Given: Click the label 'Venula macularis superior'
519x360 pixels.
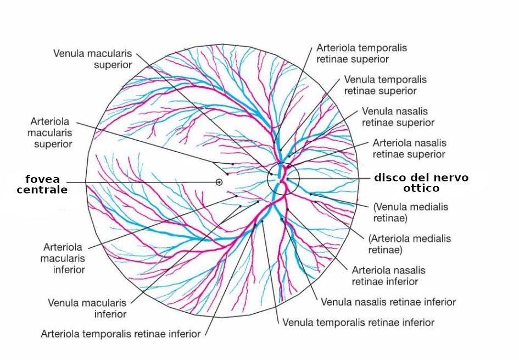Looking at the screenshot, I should [x=92, y=59].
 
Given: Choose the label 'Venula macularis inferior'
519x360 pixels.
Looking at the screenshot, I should [x=87, y=308].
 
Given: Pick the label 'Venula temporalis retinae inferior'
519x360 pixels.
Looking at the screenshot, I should [x=358, y=322].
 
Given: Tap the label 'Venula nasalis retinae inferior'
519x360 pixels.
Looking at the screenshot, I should [x=388, y=302].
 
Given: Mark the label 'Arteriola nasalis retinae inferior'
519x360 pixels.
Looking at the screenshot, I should [x=388, y=276].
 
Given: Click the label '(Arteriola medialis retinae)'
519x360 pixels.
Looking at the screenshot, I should [x=409, y=244].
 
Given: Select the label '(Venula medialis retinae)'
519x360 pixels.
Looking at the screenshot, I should [x=410, y=213].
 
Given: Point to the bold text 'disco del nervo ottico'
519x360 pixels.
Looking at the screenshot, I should [x=421, y=182].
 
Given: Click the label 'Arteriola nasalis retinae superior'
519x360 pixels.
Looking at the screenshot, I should [x=409, y=148].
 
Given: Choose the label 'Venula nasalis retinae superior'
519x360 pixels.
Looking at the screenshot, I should [x=398, y=117].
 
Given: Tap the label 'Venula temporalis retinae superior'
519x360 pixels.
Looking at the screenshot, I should [x=385, y=85].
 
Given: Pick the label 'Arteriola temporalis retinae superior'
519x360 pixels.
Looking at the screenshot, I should [x=361, y=53].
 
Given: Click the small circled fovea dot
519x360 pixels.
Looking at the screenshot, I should [x=219, y=182].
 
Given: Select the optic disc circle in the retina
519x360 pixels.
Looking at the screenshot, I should [x=283, y=179].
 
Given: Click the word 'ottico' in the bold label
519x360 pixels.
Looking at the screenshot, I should [x=420, y=188].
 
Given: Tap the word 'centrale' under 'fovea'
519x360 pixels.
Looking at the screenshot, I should [x=42, y=190].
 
